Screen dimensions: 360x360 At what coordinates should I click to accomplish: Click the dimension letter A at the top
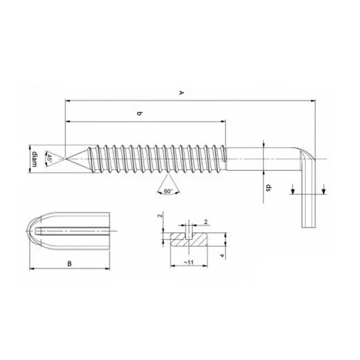coord(181,93)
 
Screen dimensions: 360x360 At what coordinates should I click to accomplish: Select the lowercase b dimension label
coord(140,114)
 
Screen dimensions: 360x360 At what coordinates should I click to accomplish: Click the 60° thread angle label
coord(167,191)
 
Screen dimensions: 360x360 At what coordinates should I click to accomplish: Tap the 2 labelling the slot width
coord(205,222)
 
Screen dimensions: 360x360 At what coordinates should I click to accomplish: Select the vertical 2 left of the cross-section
coord(160,217)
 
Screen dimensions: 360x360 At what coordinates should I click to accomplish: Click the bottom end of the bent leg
coord(308,228)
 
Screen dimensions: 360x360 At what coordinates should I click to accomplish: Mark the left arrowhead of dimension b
coord(68,121)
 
